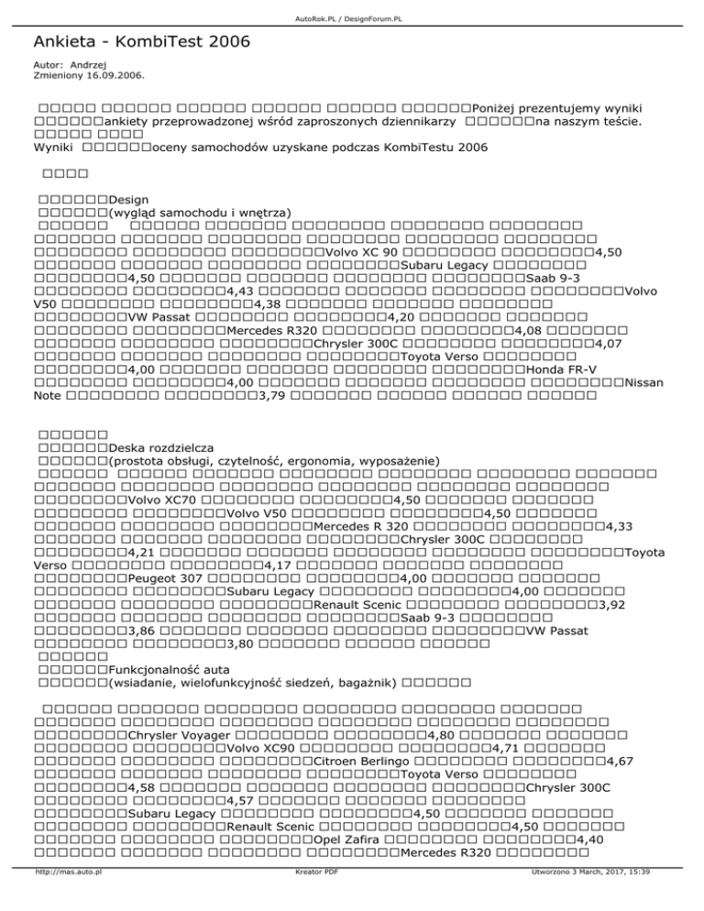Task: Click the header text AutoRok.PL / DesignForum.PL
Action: tap(352, 5)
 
